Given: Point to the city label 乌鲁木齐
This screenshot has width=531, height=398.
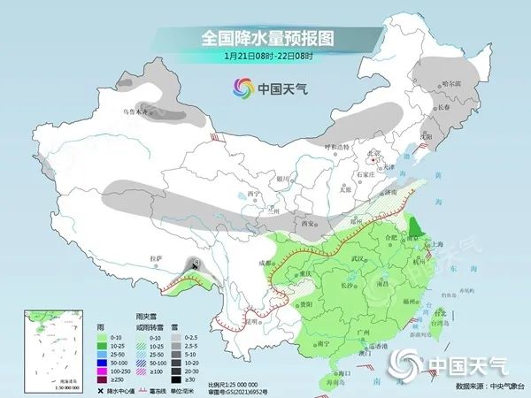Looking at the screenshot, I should [140, 112].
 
